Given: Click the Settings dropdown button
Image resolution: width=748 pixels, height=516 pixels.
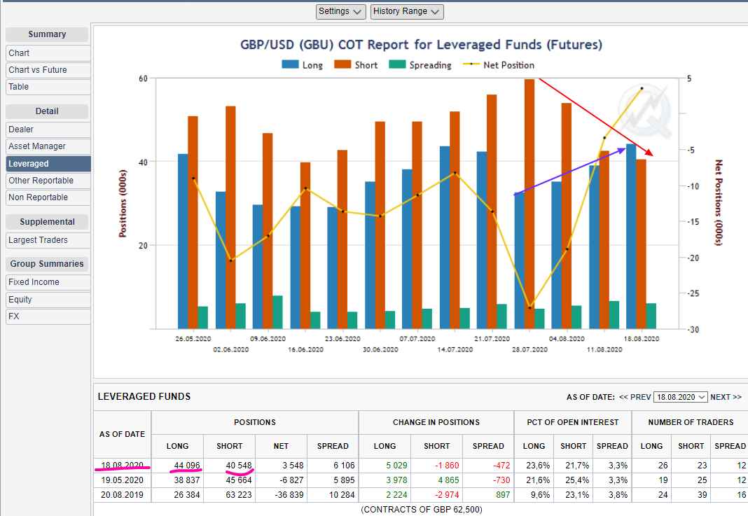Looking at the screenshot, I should [341, 11].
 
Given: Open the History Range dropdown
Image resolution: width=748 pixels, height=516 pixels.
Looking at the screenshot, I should [407, 11].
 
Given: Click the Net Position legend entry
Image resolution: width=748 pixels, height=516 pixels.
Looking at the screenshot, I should [501, 65].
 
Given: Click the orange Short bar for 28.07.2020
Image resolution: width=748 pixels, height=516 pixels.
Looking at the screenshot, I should [529, 203].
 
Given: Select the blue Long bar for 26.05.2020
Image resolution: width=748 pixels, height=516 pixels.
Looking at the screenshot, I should [183, 241].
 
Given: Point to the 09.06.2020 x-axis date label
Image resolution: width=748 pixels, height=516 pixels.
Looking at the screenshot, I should [268, 338].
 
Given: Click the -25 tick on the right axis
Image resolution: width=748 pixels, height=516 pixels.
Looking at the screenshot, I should [692, 293].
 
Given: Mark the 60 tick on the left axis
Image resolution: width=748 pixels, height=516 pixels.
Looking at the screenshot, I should [143, 78].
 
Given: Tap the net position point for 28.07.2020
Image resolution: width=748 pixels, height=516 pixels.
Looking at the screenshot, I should [530, 307].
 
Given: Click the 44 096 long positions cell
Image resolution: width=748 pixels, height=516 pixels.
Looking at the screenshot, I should [186, 466].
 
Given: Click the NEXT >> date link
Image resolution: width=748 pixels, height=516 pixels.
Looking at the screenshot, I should [726, 397].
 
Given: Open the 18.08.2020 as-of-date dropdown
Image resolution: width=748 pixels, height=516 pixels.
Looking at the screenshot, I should [680, 397].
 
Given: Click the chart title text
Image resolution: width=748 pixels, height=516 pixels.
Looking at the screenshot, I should [421, 45].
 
